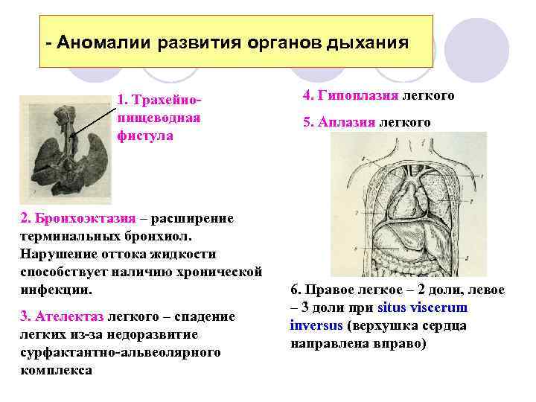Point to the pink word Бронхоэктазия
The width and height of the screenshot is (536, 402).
pyautogui.click(x=84, y=218)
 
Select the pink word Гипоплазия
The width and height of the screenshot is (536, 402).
pyautogui.click(x=357, y=96)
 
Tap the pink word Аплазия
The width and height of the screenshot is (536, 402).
pyautogui.click(x=347, y=122)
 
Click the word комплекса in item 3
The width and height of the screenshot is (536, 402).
pyautogui.click(x=57, y=370)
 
